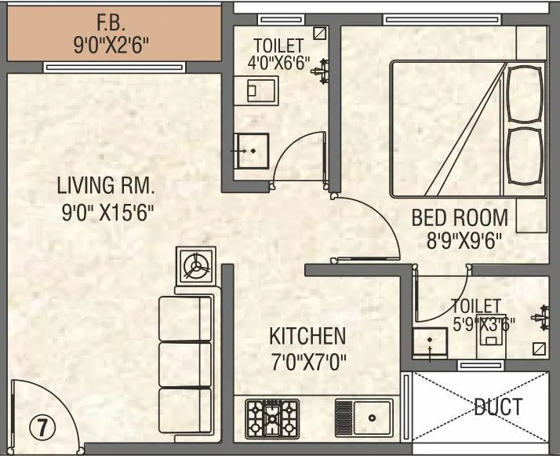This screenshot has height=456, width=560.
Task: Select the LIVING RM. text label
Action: click(x=106, y=187)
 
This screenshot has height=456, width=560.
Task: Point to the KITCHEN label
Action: click(x=307, y=337)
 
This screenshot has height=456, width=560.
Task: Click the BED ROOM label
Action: click(x=460, y=217)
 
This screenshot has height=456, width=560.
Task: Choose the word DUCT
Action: click(x=498, y=407)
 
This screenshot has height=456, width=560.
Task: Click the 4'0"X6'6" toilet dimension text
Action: click(x=281, y=61)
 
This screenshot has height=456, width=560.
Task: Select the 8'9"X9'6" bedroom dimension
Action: click(x=460, y=240)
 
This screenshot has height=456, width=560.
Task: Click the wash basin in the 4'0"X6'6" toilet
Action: click(x=253, y=150)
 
